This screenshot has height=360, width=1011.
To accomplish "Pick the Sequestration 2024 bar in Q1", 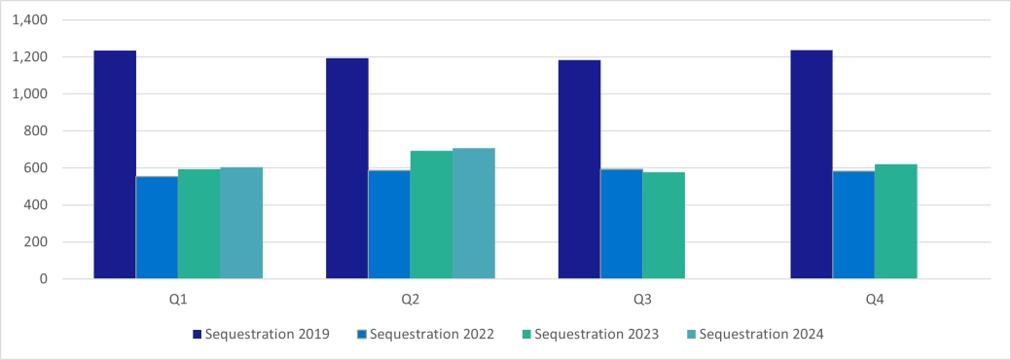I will coord(241,223).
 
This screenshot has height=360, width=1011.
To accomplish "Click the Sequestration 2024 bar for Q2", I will coord(474,213).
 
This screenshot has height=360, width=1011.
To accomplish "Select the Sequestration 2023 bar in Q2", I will coord(431,215).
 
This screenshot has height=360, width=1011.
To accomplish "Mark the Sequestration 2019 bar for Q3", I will coord(579,169).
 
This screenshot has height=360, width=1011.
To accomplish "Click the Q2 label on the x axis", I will coord(411,301).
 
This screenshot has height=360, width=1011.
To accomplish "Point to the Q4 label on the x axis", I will coord(875,301).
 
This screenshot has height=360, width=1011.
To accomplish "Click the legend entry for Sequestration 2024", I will coord(753,335).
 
